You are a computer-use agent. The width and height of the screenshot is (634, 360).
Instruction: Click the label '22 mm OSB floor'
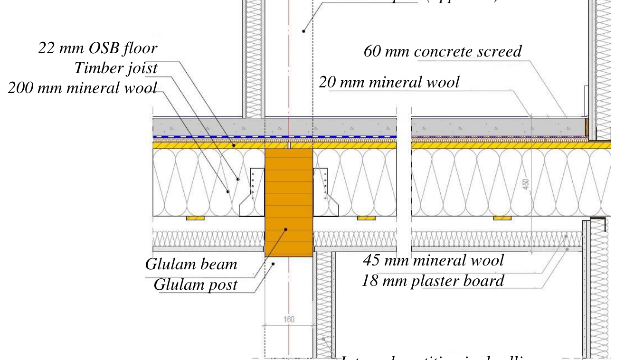point(98,48)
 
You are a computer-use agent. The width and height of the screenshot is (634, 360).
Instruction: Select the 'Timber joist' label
point(115,68)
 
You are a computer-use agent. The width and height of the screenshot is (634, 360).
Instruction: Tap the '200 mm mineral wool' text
point(82,88)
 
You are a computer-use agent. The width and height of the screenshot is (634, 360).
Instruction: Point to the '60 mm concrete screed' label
point(443,51)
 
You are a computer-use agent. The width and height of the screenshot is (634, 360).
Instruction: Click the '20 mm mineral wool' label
point(389,82)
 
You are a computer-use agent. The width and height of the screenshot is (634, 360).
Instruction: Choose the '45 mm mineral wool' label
point(433,260)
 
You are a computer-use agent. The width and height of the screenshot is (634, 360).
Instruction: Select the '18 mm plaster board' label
point(433,281)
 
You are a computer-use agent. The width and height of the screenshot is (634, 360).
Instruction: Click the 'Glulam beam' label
point(191,264)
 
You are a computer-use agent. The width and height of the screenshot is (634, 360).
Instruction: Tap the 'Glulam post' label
point(195,285)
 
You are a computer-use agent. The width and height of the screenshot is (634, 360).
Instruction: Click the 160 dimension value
point(289,319)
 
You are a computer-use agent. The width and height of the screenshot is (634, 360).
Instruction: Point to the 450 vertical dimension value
point(526,184)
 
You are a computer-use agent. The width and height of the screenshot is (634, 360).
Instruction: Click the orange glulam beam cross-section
point(289,199)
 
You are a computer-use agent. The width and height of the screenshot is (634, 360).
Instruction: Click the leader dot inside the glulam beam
point(286,229)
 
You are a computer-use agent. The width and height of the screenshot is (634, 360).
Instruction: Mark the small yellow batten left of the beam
point(195,218)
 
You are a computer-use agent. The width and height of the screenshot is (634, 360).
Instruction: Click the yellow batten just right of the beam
point(366,218)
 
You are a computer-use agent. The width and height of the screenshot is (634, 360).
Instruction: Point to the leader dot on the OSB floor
point(233,145)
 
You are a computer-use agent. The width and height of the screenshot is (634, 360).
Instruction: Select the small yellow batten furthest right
point(502,218)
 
